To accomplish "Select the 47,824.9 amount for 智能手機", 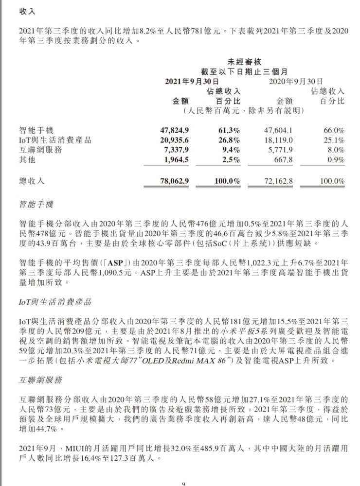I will pos(174,130).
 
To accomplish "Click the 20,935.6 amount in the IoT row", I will pos(174,140).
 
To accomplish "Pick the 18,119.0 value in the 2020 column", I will pos(278,140).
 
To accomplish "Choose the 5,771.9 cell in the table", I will pos(280,150).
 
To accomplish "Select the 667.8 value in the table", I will pos(283,160).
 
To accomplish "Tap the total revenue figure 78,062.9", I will pos(174,181).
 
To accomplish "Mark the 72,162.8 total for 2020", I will pos(278,181).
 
